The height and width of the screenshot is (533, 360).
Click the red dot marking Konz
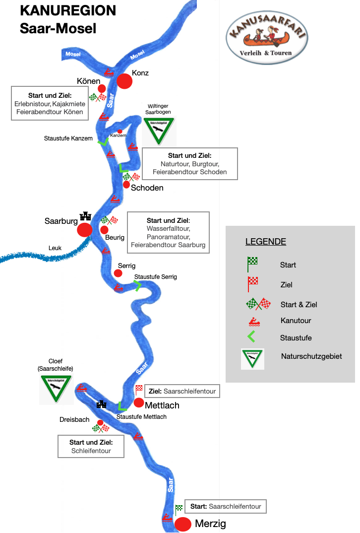pos(124,81)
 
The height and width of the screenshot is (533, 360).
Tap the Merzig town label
pos(210,524)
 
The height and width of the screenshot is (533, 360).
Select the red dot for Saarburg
pos(84,230)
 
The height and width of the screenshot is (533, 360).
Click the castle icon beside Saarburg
pos(85,216)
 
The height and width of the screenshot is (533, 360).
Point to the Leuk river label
pos(56,248)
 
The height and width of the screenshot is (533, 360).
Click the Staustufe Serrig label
pos(155,276)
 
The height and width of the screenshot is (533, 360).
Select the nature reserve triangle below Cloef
pos(56,389)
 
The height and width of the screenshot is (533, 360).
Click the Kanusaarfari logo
pos(266,39)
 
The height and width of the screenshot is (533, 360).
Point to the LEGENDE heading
pos(265,242)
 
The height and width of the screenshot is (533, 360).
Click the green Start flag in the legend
pos(252,264)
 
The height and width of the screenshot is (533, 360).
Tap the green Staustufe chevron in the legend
pos(251,338)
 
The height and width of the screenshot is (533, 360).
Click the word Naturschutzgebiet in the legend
pos(311,356)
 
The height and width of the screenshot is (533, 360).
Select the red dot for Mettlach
pos(139,402)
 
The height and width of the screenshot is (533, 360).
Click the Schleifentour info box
pos(91,446)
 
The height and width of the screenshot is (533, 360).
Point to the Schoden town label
pos(147,188)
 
